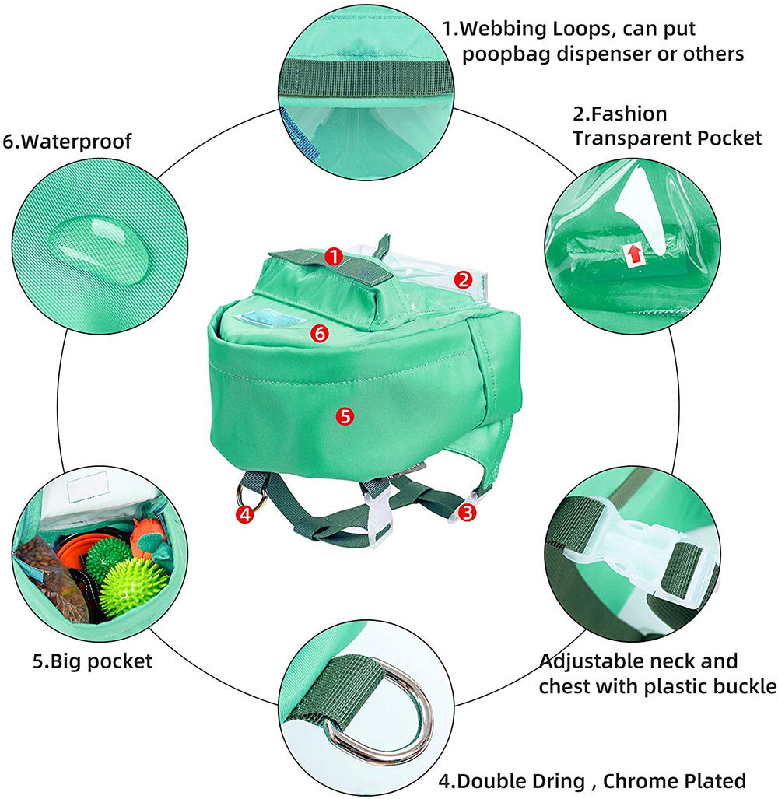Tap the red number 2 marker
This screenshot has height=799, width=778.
click(463, 280)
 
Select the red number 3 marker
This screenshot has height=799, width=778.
click(468, 512)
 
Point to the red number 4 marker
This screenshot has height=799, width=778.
click(245, 514)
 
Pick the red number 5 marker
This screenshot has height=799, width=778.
click(345, 416)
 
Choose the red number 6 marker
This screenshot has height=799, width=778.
click(320, 334)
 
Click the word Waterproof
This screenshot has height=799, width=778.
click(76, 141)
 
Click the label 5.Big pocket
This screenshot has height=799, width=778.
click(93, 661)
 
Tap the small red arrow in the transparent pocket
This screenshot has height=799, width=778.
click(634, 254)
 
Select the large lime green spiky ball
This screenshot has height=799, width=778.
click(134, 587)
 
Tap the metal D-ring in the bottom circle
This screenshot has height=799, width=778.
click(387, 711)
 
